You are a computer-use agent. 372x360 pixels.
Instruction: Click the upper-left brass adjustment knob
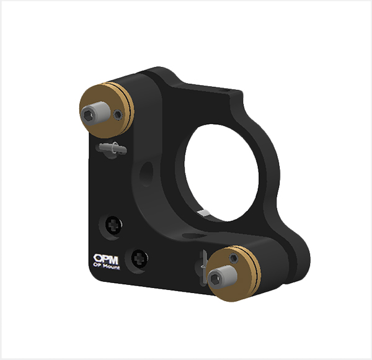click(x=107, y=110)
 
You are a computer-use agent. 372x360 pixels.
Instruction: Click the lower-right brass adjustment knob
click(x=234, y=274)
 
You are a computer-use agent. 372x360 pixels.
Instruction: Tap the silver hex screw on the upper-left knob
click(x=95, y=113)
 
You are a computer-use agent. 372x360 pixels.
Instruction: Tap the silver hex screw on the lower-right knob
click(x=223, y=276)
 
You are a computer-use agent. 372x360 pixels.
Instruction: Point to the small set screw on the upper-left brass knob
click(x=118, y=114)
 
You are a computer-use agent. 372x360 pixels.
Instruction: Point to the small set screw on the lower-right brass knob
click(x=234, y=258)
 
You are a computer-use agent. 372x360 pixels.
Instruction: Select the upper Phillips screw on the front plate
click(x=113, y=225)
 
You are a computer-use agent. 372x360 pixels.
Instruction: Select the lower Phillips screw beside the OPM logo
click(x=139, y=258)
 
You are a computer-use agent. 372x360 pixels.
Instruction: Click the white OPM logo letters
click(x=106, y=259)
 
